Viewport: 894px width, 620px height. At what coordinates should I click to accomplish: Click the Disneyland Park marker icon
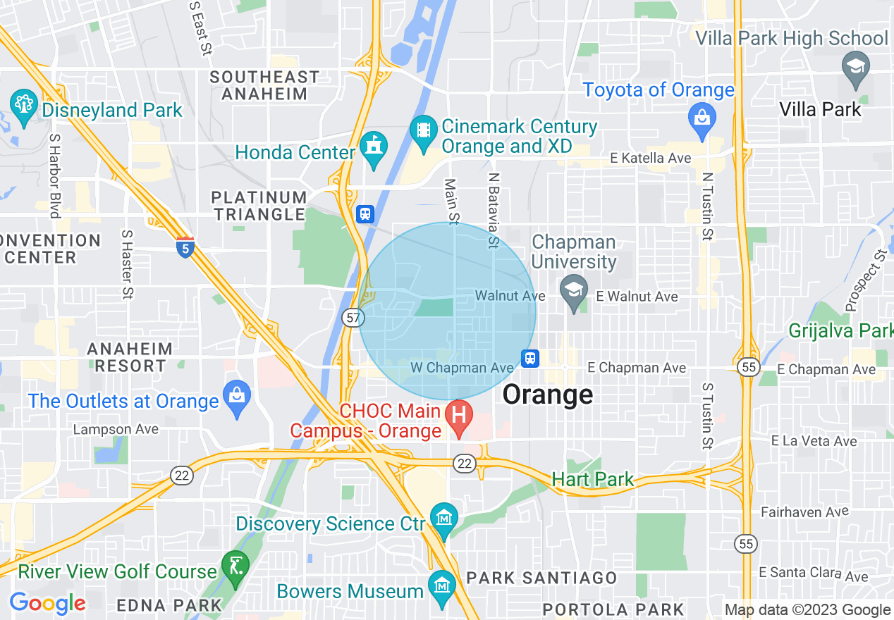[x=23, y=108]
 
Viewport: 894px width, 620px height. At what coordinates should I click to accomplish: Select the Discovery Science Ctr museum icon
[x=444, y=520]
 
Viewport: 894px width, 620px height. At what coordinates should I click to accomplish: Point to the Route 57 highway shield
[x=353, y=318]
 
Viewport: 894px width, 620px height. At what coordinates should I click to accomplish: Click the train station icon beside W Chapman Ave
[x=531, y=359]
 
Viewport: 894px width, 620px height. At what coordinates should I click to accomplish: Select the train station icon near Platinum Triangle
[x=365, y=213]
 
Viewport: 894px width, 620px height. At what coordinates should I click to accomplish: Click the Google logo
[x=47, y=603]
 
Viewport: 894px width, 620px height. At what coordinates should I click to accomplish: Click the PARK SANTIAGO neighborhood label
[x=541, y=578]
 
